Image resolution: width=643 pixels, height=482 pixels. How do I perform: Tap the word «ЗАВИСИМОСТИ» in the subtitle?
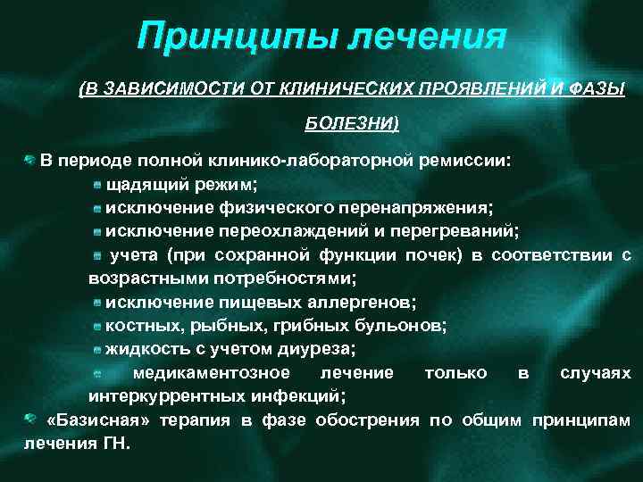pyautogui.click(x=151, y=89)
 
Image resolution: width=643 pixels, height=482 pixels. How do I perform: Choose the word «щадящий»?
pyautogui.click(x=145, y=185)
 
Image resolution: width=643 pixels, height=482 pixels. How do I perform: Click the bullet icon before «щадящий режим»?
pyautogui.click(x=97, y=185)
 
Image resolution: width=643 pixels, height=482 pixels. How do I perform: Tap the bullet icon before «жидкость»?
pyautogui.click(x=97, y=349)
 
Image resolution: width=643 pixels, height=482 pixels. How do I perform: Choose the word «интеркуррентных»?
pyautogui.click(x=159, y=395)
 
